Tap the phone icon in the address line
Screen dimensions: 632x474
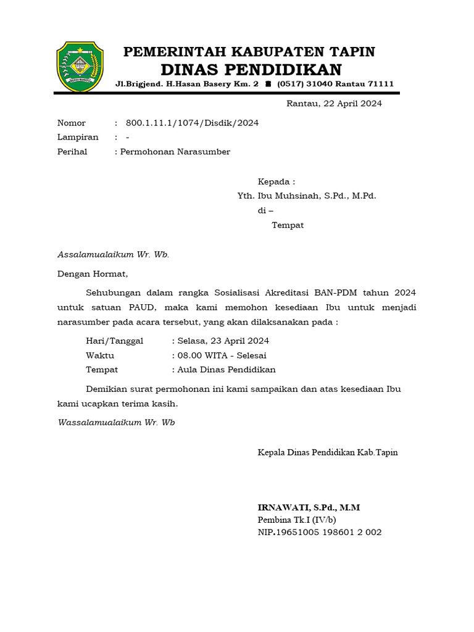tap(268, 84)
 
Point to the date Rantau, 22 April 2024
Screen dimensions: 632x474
tap(334, 104)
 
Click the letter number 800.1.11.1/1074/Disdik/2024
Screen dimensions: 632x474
tap(192, 123)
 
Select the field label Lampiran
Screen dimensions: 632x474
tap(78, 137)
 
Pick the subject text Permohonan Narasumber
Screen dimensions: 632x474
tap(175, 152)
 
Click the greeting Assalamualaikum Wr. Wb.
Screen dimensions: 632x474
tap(113, 254)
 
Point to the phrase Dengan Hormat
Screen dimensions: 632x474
tap(93, 273)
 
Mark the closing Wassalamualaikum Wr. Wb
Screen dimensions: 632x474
tap(116, 423)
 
